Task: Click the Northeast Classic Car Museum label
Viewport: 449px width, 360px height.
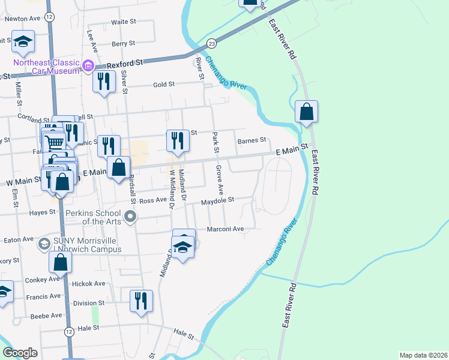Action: [x=47, y=67]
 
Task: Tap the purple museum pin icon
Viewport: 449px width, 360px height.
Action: [x=88, y=65]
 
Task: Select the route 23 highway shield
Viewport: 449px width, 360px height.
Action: [x=211, y=44]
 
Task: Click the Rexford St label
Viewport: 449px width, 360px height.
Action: [x=124, y=62]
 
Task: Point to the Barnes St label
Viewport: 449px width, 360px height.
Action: [x=252, y=140]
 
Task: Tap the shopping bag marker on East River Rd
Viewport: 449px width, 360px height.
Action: [x=306, y=112]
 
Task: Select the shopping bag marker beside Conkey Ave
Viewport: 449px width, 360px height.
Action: [x=61, y=262]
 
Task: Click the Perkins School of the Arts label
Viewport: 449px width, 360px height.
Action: [x=94, y=217]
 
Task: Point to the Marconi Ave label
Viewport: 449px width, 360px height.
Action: [x=225, y=229]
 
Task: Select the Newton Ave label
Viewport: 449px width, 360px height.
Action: [x=22, y=19]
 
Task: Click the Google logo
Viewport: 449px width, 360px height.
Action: [x=20, y=353]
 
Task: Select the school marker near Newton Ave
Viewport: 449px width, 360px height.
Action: [x=23, y=41]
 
